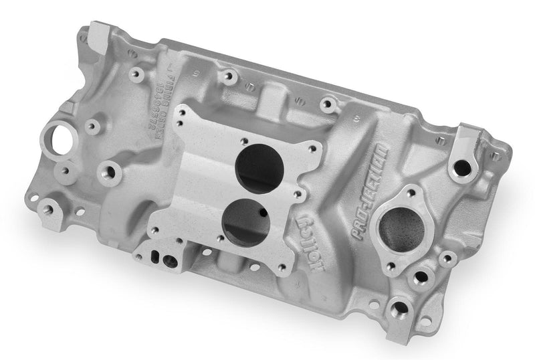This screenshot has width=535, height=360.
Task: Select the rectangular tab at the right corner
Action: coord(468,142)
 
